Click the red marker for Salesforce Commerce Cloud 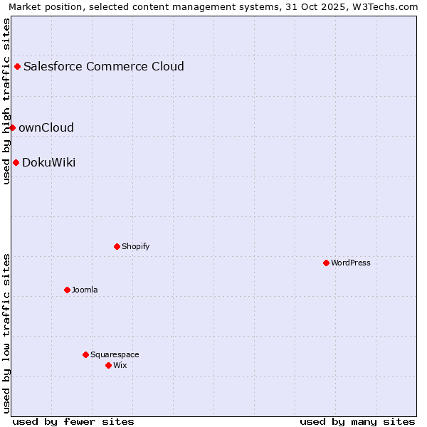click(18, 67)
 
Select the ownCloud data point click(12, 127)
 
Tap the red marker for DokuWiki click(16, 162)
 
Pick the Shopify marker click(117, 246)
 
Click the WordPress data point click(326, 263)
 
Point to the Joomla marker click(67, 290)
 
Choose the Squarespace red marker click(85, 354)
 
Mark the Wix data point click(108, 365)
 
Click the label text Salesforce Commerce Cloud click(104, 67)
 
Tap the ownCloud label click(46, 128)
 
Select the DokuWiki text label click(48, 163)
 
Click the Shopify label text click(135, 246)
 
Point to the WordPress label click(351, 263)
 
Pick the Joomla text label click(85, 290)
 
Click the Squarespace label click(115, 354)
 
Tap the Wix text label click(120, 365)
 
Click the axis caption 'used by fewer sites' click(73, 421)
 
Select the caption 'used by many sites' click(357, 421)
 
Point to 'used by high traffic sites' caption click(6, 101)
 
